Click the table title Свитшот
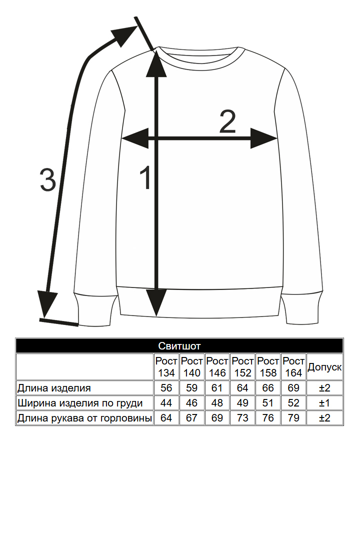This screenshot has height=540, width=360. point(179,346)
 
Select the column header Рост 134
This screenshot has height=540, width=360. point(166,367)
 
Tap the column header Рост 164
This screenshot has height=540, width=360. point(293,367)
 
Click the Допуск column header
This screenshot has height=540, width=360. point(324,367)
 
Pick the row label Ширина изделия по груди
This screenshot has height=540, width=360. point(80,403)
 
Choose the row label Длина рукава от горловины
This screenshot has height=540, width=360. point(84,418)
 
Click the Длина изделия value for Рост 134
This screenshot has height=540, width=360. point(166,388)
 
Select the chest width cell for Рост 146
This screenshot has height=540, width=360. point(217,403)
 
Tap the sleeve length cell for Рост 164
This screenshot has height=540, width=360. point(293,418)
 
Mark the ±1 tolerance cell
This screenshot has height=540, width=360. point(324,403)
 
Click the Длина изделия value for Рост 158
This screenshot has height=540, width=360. point(268,388)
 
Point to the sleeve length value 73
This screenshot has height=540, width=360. point(242,418)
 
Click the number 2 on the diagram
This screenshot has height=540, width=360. point(227,122)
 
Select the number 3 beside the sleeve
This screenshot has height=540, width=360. point(47,180)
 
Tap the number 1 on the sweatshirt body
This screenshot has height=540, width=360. point(145,178)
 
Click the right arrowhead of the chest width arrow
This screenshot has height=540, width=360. point(264,138)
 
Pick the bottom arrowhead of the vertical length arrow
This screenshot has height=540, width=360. point(156,302)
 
